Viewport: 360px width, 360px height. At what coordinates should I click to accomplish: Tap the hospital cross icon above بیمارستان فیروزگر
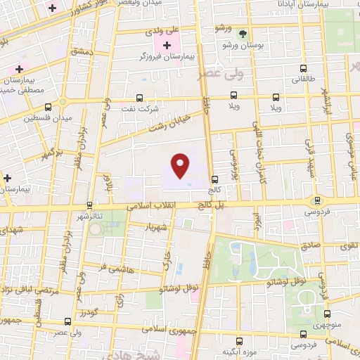tap(167, 46)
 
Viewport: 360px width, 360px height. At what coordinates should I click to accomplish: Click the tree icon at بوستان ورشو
tap(243, 33)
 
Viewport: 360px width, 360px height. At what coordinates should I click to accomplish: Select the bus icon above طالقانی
tap(304, 69)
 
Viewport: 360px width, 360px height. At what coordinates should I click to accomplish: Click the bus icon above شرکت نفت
tap(139, 99)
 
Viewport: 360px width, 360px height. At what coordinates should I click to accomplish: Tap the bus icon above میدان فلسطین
tap(48, 108)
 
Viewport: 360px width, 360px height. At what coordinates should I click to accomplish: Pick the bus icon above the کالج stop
tap(214, 179)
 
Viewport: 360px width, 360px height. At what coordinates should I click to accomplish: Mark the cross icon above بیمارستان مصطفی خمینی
tap(19, 69)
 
